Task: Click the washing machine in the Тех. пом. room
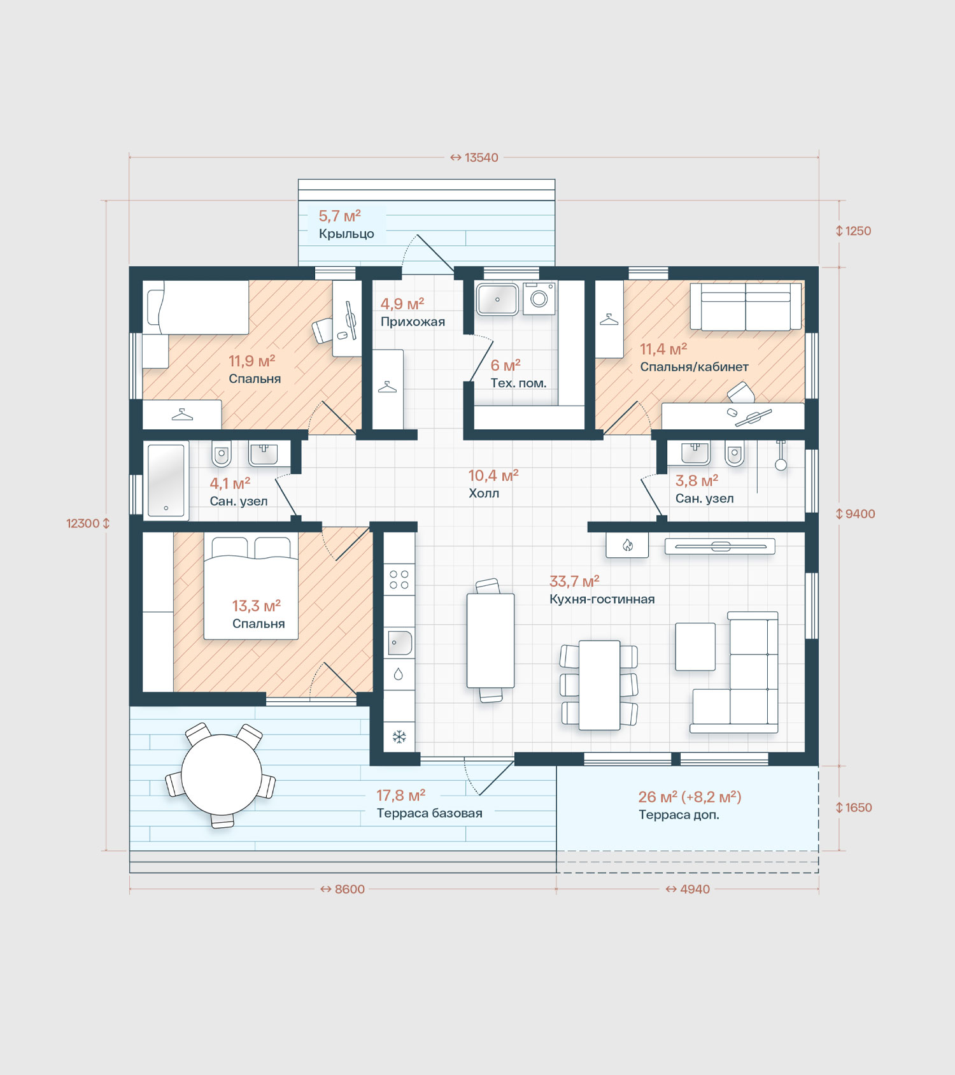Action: (539, 298)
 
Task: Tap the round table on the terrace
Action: (222, 774)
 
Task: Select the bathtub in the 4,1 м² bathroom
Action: (166, 480)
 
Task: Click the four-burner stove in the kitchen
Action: (399, 580)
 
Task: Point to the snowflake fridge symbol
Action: (399, 737)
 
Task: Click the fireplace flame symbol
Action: (628, 545)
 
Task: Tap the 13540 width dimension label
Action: (474, 157)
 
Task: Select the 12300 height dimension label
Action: (88, 523)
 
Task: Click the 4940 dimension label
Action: (688, 889)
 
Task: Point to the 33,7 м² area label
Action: (574, 581)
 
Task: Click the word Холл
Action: (484, 494)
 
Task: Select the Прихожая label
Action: (413, 322)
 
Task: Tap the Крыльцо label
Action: (346, 234)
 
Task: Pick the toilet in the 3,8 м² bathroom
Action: (735, 453)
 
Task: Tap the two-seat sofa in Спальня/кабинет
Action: (746, 306)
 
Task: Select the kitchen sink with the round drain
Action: (399, 643)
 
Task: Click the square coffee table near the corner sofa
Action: (695, 646)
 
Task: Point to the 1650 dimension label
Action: (854, 808)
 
